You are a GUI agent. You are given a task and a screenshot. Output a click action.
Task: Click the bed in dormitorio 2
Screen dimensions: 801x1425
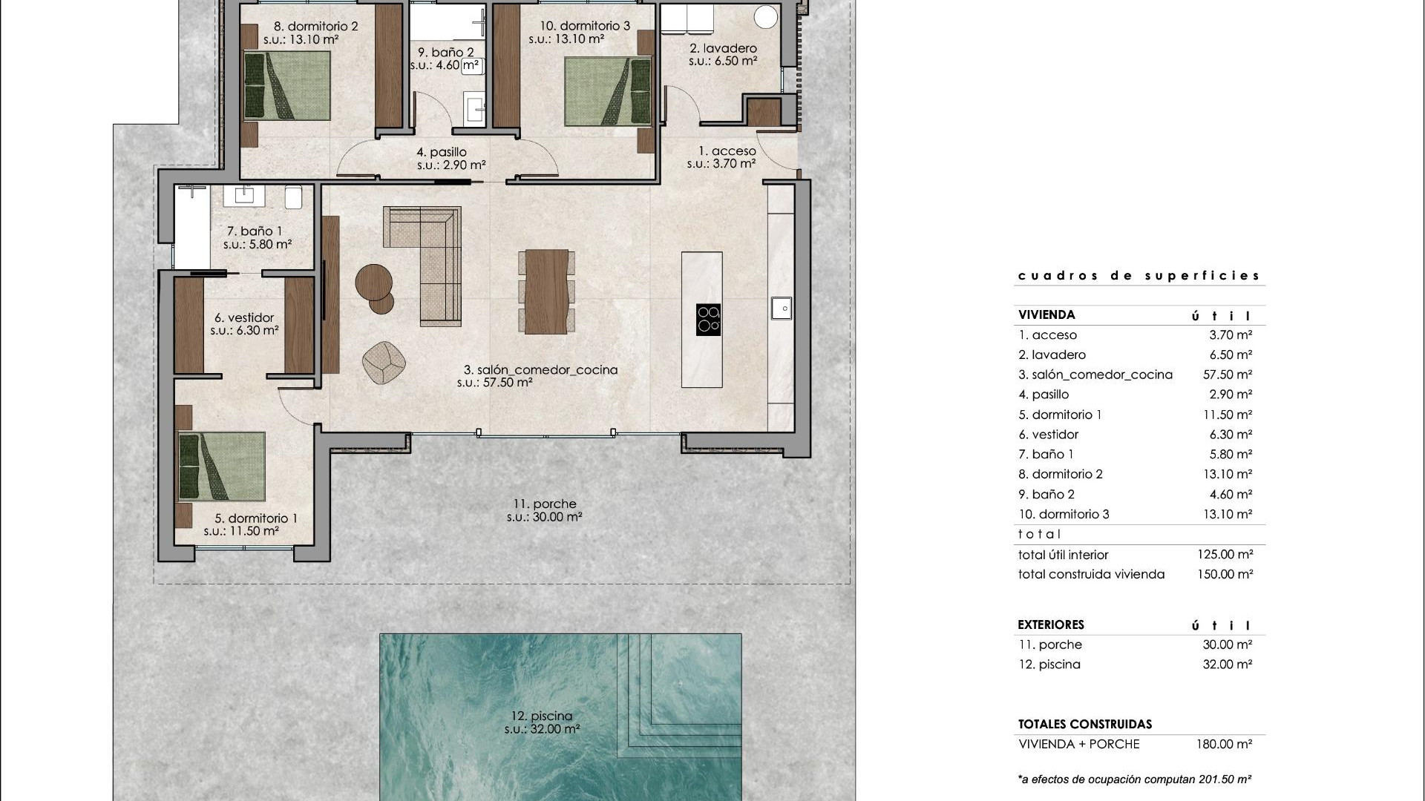(287, 85)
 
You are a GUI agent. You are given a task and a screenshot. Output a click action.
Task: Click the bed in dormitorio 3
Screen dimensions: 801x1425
(608, 91)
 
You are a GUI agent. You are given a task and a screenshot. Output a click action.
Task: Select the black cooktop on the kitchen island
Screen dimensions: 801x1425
(708, 320)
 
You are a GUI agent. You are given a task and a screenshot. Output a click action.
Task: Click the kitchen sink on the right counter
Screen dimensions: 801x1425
(781, 307)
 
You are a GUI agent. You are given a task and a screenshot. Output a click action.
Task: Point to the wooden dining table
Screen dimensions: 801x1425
(546, 291)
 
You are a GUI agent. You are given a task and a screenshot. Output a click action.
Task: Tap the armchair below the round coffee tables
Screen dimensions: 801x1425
(384, 363)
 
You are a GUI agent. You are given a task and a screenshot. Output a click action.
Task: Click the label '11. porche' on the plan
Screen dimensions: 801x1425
(544, 504)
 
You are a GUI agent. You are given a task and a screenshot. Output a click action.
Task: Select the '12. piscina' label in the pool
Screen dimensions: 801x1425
(542, 716)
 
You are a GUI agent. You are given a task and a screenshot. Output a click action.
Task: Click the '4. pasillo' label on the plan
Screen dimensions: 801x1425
(442, 152)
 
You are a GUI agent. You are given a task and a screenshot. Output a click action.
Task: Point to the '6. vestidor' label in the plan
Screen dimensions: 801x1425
(244, 317)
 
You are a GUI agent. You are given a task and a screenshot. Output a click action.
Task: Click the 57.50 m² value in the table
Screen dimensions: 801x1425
(1228, 375)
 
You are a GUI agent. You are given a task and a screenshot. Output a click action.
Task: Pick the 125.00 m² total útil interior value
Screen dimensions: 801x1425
(1225, 554)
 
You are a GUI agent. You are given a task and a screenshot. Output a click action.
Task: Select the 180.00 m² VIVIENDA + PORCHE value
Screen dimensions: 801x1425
(1224, 744)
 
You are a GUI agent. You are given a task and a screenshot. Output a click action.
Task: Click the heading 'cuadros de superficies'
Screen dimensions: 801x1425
(1139, 276)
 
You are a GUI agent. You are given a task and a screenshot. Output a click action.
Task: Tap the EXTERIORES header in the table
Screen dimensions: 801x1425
(1051, 624)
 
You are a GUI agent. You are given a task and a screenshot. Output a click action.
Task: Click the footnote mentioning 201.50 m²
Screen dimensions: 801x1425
(1135, 779)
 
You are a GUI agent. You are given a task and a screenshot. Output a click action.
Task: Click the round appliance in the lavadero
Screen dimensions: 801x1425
(766, 16)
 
